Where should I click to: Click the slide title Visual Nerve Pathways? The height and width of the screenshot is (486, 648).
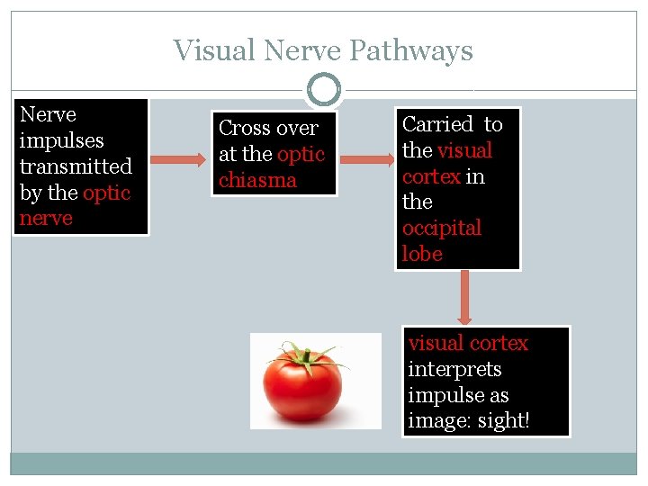(x=323, y=50)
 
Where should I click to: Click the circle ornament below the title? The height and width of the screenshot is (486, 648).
(x=324, y=90)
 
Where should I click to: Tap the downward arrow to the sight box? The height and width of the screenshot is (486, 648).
(x=463, y=298)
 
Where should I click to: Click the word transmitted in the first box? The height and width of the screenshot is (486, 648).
(x=76, y=166)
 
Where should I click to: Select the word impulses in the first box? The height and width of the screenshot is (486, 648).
(x=61, y=140)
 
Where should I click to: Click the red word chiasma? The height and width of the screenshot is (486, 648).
(x=257, y=180)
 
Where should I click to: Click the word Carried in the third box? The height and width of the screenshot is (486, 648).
(x=437, y=124)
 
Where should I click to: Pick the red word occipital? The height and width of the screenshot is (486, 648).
(x=441, y=228)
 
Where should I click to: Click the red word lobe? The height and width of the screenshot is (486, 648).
(x=422, y=254)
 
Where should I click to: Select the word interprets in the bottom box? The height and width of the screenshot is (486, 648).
(x=454, y=369)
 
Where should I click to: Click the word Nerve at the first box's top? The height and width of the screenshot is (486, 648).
(x=48, y=114)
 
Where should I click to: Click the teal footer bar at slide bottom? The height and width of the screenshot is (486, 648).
(x=323, y=463)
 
